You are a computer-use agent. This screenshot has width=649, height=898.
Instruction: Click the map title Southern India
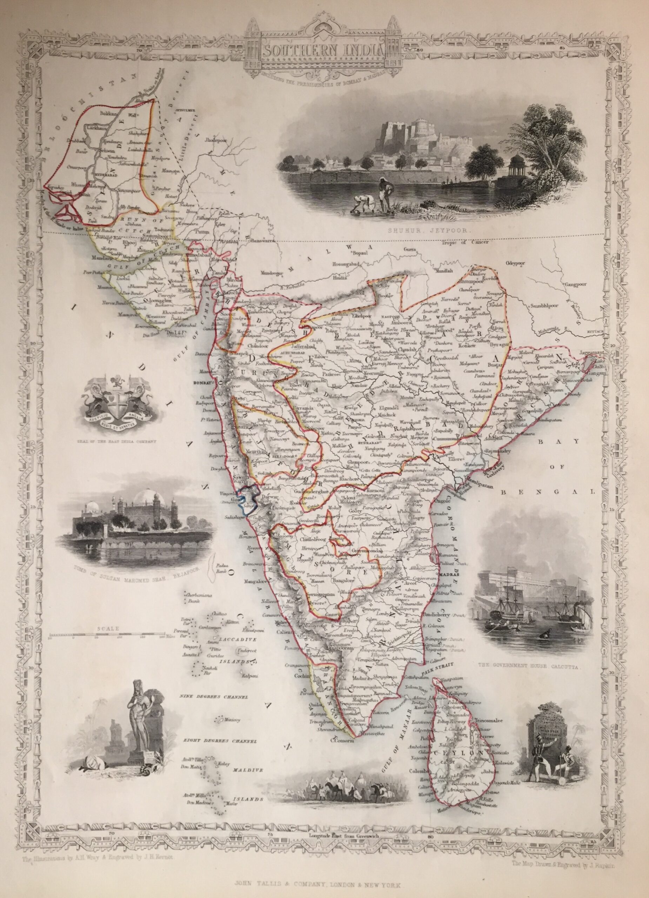click(x=324, y=50)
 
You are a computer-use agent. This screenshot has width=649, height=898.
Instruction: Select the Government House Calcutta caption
click(x=529, y=667)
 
